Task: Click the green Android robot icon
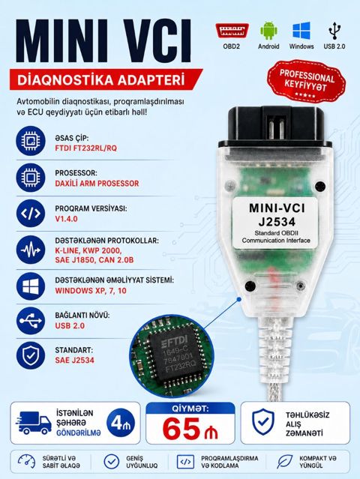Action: [x=268, y=31]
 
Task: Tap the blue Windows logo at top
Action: [x=301, y=31]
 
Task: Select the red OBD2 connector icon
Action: [x=232, y=31]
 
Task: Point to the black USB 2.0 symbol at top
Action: [x=334, y=31]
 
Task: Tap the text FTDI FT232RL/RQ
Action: [x=85, y=148]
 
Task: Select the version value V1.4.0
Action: [x=66, y=219]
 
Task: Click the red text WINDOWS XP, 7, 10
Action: [x=91, y=291]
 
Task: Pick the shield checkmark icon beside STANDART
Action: [x=31, y=355]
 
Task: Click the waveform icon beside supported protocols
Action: [x=31, y=250]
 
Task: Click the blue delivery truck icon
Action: [x=34, y=423]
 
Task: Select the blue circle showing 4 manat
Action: [x=121, y=423]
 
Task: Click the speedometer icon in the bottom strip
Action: [x=26, y=462]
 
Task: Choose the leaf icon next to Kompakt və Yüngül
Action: [x=284, y=462]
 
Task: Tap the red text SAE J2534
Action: [x=74, y=361]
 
